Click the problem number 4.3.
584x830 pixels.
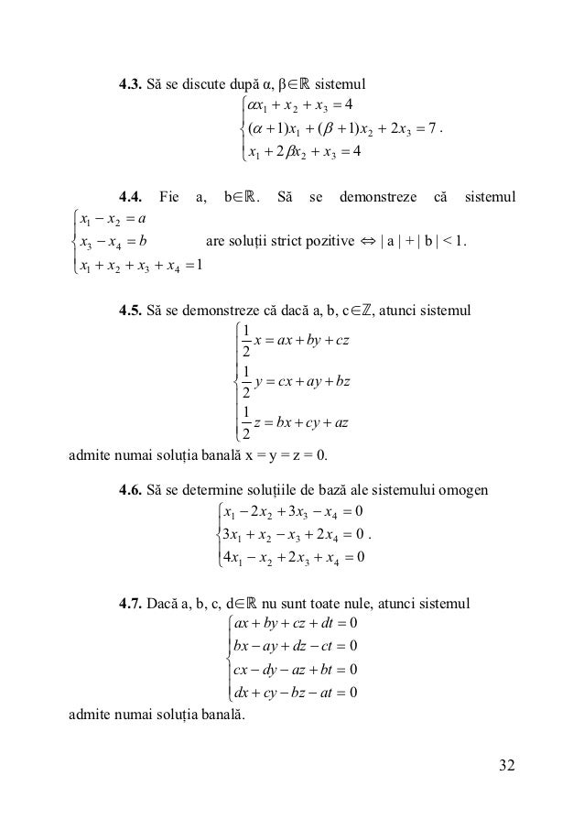[x=133, y=88]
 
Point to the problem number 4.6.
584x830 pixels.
[x=133, y=490]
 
